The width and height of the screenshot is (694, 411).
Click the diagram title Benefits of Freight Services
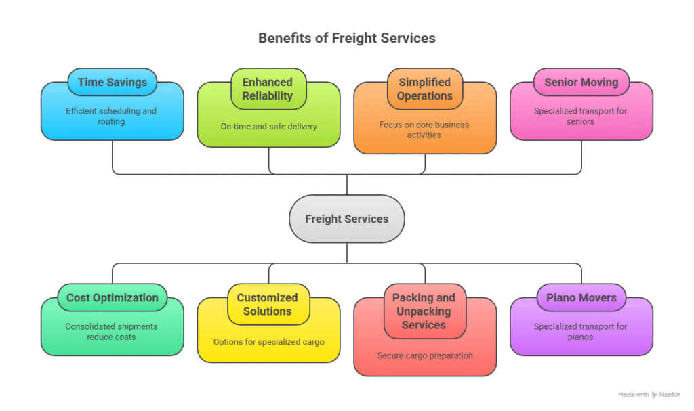[346, 38]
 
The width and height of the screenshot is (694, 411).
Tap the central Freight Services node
[346, 219]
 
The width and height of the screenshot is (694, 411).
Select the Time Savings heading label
[112, 83]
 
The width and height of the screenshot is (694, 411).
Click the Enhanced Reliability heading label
[268, 89]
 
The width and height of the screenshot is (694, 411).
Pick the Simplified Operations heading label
[424, 89]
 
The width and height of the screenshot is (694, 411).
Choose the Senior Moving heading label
[581, 83]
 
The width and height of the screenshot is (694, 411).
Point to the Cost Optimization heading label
[112, 298]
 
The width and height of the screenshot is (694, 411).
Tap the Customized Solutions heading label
[268, 305]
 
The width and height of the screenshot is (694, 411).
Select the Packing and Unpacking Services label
[424, 311]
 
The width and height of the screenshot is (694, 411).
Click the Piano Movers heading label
[581, 298]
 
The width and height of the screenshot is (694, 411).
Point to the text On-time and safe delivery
[268, 126]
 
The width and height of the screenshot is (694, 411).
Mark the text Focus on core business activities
[424, 129]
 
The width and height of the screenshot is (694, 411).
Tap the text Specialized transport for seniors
[581, 116]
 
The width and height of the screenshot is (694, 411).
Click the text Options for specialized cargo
[268, 342]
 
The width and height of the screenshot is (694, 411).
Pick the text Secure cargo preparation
[425, 355]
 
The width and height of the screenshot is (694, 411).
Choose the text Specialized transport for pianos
[581, 332]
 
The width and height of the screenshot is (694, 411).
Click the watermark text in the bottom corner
[649, 395]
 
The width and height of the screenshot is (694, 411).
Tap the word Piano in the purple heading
[561, 298]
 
